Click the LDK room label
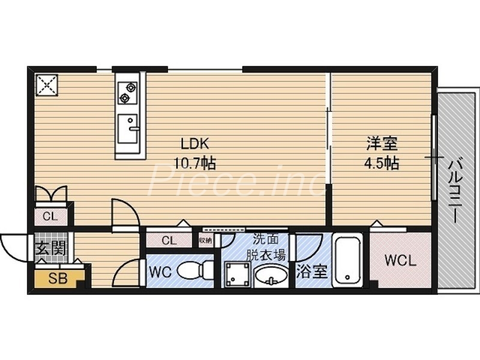(195, 144)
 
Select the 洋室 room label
(382, 144)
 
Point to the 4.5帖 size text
(382, 163)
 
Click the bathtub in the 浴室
(346, 261)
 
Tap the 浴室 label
(312, 271)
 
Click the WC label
(160, 272)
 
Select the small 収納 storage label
(205, 241)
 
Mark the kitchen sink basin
(127, 127)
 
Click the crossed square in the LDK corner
(47, 85)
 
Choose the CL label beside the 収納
(169, 241)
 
